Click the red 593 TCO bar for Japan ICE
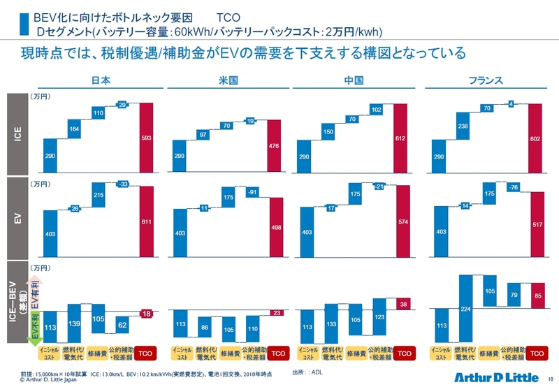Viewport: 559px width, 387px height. point(145,138)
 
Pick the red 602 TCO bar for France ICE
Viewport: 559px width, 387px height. point(534,138)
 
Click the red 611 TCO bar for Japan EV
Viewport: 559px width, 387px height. point(145,221)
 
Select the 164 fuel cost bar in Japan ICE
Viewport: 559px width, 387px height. point(74,129)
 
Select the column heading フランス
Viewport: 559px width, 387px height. point(485,80)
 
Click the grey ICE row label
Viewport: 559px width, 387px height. point(22,133)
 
